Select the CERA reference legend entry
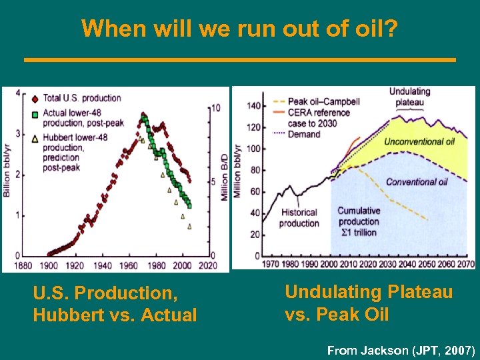(x=319, y=113)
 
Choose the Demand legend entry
(x=304, y=134)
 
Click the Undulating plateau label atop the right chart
(x=409, y=97)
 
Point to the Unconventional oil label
(x=419, y=141)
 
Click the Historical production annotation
(x=298, y=218)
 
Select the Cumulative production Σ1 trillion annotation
(x=358, y=221)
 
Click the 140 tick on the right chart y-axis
(x=253, y=106)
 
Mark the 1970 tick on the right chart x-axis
(x=271, y=264)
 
